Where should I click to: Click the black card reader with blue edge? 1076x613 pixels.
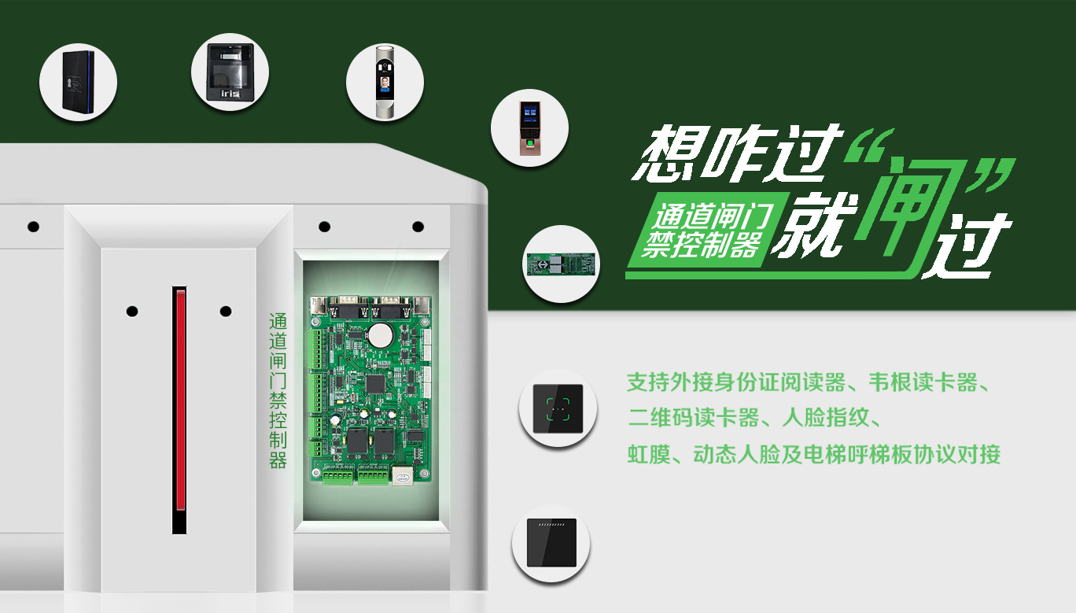79,81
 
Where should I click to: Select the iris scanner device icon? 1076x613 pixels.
230,72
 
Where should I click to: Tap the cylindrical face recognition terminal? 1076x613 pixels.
385,81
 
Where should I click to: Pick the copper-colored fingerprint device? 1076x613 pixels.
529,127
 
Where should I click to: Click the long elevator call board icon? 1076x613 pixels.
561,264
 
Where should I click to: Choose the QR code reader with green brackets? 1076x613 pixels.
558,409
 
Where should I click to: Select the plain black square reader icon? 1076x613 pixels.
551,543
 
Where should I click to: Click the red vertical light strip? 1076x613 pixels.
180,399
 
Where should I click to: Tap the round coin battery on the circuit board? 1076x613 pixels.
379,334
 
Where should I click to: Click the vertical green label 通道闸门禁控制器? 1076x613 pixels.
278,390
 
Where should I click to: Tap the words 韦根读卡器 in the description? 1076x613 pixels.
923,383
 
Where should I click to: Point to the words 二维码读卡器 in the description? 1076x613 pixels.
693,418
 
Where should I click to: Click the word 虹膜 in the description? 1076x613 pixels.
649,454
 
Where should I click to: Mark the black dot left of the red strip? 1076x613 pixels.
132,312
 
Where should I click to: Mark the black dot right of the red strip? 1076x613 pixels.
226,312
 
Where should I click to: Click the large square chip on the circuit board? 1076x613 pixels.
376,384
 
